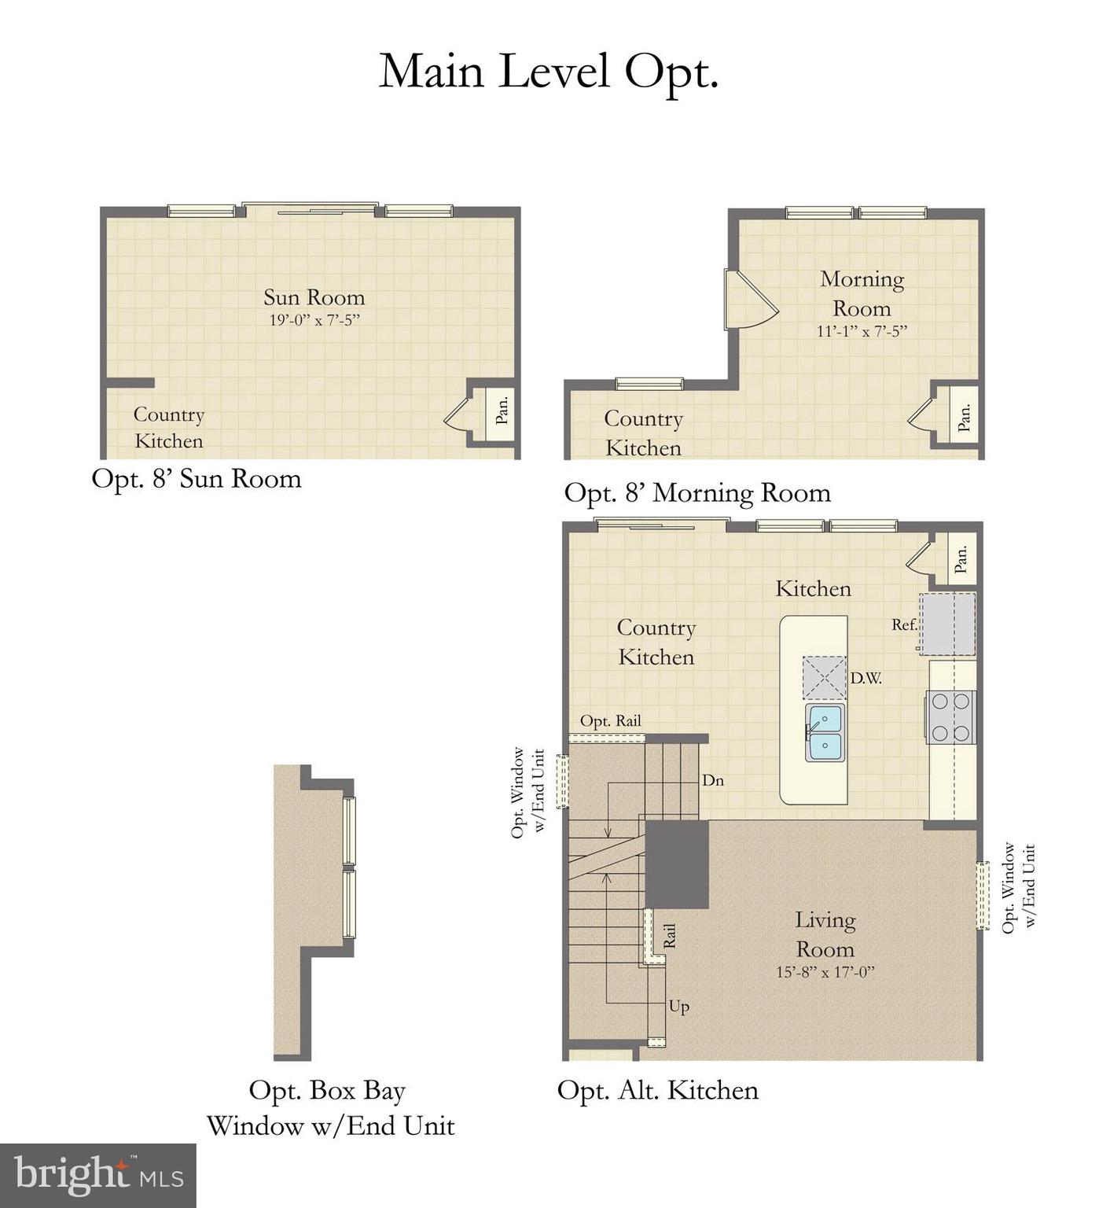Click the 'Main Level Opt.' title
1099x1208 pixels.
click(549, 72)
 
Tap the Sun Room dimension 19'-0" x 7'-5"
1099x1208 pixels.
click(314, 320)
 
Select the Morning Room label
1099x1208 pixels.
click(862, 293)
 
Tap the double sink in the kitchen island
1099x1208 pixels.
click(824, 732)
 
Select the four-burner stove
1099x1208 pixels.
click(950, 716)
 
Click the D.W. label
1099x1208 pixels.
click(866, 678)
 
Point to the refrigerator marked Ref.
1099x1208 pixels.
click(948, 624)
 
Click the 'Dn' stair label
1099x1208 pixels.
click(712, 780)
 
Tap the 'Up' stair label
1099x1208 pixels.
click(679, 1006)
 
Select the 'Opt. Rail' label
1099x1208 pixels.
click(610, 720)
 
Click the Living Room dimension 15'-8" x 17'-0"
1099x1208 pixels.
click(825, 972)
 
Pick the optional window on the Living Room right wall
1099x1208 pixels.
click(982, 896)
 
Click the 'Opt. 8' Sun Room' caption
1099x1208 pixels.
click(197, 478)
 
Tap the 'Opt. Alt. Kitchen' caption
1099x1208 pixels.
click(657, 1090)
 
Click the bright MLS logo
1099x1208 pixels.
click(98, 1175)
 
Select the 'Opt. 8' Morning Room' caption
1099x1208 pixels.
click(697, 493)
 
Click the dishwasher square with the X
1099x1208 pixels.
click(824, 677)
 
